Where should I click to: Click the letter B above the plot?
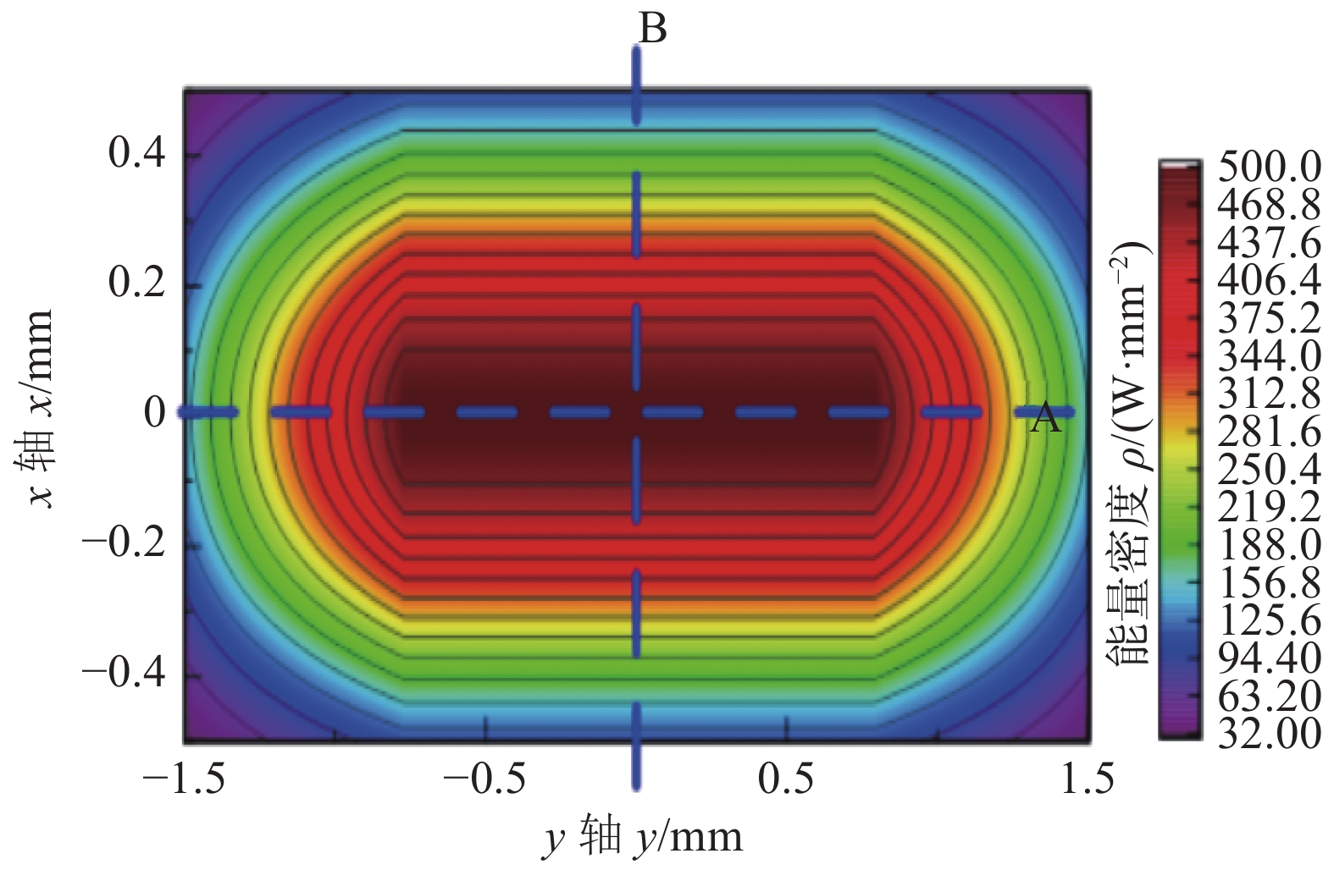click(652, 29)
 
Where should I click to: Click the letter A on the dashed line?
click(1045, 418)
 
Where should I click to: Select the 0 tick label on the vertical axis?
click(155, 413)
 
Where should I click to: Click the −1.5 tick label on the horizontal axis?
click(184, 779)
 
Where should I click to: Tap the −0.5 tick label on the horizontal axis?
click(485, 779)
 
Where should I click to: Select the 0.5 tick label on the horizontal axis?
click(786, 779)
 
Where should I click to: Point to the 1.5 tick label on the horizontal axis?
click(1088, 779)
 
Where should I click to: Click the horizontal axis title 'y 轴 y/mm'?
click(643, 838)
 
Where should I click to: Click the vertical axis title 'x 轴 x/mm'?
click(38, 408)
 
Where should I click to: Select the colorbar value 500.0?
click(1269, 168)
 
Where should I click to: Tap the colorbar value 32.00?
click(1269, 734)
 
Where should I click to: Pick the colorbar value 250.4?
click(1269, 470)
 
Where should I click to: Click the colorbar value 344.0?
click(1269, 356)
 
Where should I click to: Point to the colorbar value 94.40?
click(1269, 658)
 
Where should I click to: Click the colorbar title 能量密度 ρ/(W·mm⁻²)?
click(1130, 453)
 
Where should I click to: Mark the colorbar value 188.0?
click(1269, 545)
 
